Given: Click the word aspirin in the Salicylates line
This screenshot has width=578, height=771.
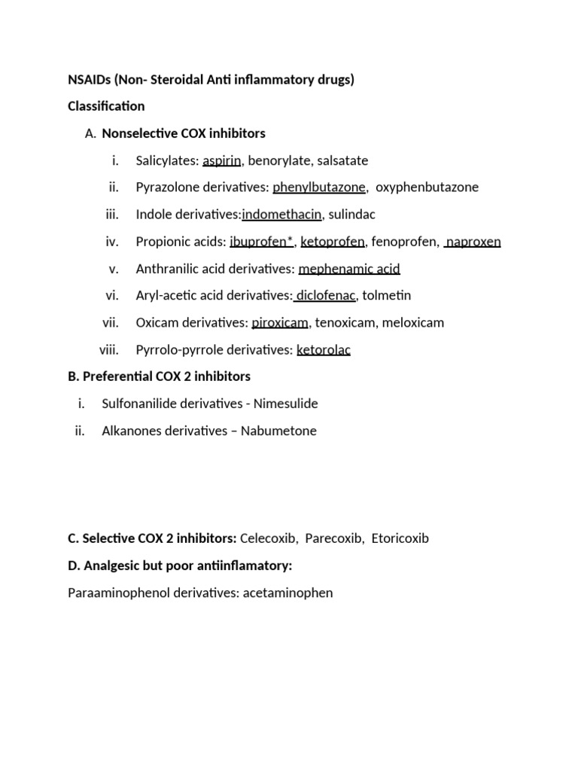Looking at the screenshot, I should (221, 160).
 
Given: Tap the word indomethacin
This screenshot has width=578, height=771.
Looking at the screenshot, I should (281, 215).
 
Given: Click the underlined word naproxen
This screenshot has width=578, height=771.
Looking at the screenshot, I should (473, 242).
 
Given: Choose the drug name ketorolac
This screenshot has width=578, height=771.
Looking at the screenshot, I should (324, 350).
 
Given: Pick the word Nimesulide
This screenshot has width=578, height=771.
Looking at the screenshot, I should (286, 404).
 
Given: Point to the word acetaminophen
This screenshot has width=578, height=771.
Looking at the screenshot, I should (287, 593).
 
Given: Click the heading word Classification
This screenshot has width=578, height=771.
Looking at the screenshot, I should (106, 106).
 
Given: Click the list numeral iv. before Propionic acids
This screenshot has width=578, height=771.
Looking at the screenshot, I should (112, 242).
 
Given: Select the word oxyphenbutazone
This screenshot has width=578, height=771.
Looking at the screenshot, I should (427, 187).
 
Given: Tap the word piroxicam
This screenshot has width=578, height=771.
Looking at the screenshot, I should (280, 323).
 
